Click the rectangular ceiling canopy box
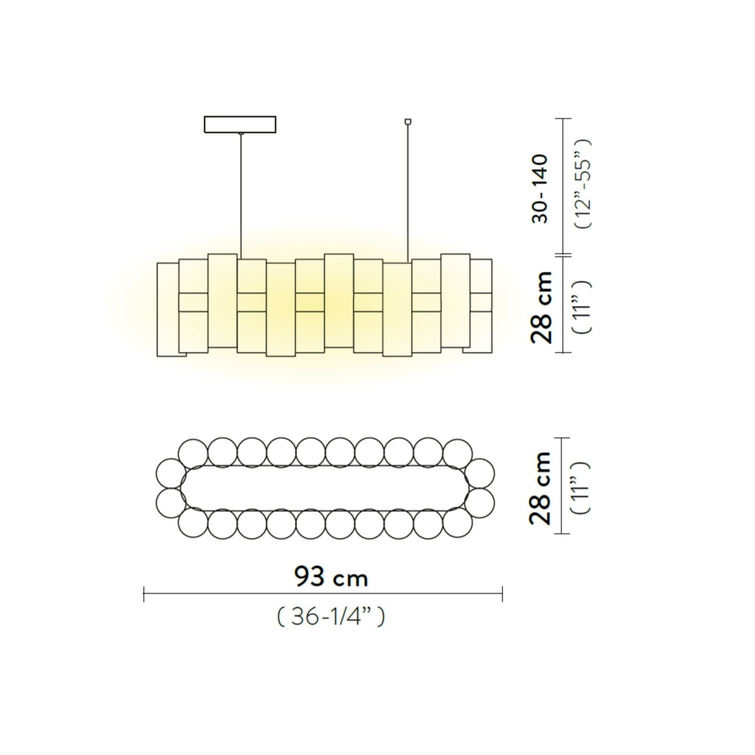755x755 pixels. (240, 124)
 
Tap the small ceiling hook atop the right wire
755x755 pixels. (408, 120)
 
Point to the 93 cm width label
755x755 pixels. (331, 578)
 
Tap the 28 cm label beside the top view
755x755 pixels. (541, 488)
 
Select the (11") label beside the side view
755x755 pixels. (584, 306)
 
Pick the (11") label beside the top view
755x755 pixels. (584, 487)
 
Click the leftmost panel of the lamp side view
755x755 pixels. (168, 310)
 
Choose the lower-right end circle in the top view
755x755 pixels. (479, 501)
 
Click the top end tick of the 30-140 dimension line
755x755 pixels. (561, 119)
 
